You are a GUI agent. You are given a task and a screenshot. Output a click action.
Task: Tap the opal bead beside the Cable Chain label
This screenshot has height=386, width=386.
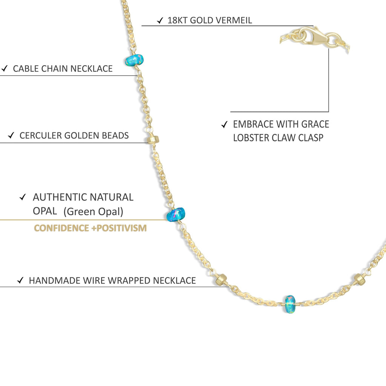pyautogui.click(x=134, y=60)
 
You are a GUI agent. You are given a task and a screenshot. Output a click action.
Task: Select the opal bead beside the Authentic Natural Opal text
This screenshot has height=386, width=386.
pyautogui.click(x=176, y=214)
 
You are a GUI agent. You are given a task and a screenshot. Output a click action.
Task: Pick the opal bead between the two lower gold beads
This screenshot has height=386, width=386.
pyautogui.click(x=290, y=304)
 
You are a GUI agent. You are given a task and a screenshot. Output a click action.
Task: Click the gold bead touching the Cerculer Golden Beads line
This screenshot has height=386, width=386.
pyautogui.click(x=153, y=140)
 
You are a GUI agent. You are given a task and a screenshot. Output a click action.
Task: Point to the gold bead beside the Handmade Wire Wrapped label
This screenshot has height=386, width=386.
pyautogui.click(x=221, y=280)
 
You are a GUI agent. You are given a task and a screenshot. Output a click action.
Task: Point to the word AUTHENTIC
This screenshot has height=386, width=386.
pyautogui.click(x=60, y=197)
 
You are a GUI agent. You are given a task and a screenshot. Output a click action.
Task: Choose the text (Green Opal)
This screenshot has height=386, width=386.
pyautogui.click(x=93, y=211)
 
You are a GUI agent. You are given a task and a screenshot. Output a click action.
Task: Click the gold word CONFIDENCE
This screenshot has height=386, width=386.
pyautogui.click(x=61, y=228)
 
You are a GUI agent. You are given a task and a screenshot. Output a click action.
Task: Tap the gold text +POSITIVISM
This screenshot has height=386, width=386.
pyautogui.click(x=119, y=228)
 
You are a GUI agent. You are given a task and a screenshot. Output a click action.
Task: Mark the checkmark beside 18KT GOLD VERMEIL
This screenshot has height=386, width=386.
pyautogui.click(x=160, y=20)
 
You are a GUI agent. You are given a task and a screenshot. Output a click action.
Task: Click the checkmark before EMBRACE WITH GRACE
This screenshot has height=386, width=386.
pyautogui.click(x=224, y=124)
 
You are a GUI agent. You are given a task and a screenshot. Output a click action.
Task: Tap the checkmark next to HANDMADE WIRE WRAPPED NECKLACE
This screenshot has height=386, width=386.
pyautogui.click(x=20, y=280)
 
